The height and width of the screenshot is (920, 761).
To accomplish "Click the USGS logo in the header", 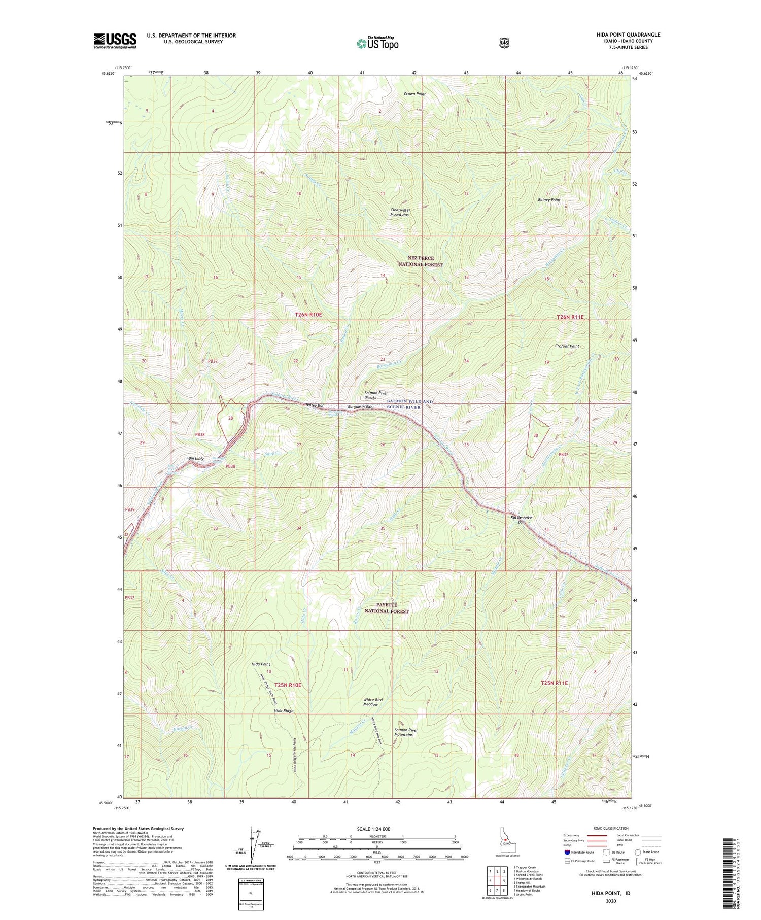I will click(115, 41).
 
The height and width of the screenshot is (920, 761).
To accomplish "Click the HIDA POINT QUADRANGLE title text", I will click(628, 35).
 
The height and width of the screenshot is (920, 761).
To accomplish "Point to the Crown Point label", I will click(414, 94).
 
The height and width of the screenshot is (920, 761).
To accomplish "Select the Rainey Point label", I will click(549, 200).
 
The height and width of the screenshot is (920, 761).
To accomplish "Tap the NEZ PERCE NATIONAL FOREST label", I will click(420, 261).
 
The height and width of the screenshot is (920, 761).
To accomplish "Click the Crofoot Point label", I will click(567, 346).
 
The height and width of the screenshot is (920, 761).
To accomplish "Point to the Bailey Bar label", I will click(315, 405).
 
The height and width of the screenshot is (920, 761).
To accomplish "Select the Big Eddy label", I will click(196, 459).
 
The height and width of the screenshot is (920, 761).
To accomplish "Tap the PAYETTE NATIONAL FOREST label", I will click(386, 608).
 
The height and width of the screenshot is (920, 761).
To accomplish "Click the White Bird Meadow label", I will click(373, 702).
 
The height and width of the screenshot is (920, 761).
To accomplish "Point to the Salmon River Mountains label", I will click(403, 732).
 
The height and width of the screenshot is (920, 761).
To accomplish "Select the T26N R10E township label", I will click(308, 315).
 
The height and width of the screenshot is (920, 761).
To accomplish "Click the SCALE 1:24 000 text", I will click(377, 829).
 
